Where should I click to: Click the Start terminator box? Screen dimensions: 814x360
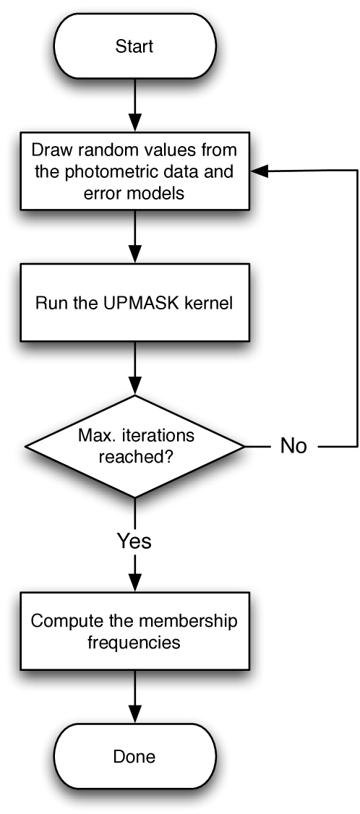(x=134, y=46)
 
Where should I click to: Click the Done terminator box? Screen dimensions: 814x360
(x=134, y=757)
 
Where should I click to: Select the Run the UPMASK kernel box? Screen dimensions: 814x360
(x=134, y=302)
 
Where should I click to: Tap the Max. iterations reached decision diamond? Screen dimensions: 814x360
(x=134, y=447)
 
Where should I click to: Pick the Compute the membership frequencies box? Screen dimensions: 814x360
(x=134, y=631)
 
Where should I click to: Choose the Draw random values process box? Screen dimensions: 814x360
(x=134, y=171)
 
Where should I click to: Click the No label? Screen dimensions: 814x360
(x=293, y=446)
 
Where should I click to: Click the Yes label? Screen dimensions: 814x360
(x=134, y=541)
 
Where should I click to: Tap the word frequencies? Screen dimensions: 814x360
(x=134, y=642)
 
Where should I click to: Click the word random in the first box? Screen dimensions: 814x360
(x=93, y=151)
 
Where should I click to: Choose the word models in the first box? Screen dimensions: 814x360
(x=161, y=193)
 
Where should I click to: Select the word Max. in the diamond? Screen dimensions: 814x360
(x=93, y=437)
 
